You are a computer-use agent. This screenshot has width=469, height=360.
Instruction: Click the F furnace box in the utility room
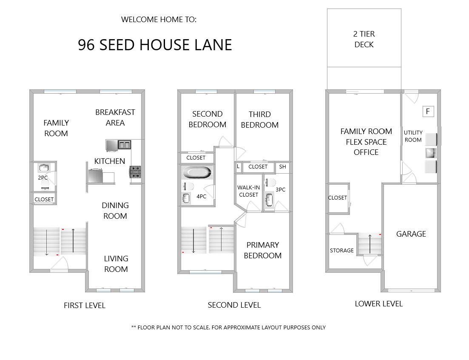[x=428, y=111]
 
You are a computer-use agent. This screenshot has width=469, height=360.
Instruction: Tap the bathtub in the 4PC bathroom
[x=197, y=173]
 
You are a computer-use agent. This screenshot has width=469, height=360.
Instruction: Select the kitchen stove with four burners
[x=135, y=172]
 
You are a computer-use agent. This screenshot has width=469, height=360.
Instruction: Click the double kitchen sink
[x=124, y=145]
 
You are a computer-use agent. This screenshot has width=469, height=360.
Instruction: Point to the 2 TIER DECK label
[x=364, y=39]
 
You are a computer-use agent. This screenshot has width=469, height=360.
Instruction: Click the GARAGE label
[x=411, y=234]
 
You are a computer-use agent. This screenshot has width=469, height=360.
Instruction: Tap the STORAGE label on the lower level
[x=341, y=251]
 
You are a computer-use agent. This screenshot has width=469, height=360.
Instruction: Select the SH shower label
[x=283, y=167]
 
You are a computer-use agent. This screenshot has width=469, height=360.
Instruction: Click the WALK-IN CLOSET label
[x=249, y=191]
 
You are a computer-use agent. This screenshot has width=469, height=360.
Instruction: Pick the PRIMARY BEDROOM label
[x=263, y=250]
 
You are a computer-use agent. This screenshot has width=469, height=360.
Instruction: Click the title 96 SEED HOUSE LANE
[x=155, y=45]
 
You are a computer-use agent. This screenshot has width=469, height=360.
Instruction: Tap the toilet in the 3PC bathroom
[x=270, y=183]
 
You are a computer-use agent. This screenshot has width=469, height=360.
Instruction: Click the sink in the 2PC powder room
[x=44, y=168]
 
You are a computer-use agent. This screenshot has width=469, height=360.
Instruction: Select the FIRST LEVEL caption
[x=85, y=306]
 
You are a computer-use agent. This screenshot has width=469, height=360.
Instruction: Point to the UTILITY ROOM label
[x=413, y=136]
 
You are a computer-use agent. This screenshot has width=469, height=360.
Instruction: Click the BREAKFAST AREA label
[x=115, y=117]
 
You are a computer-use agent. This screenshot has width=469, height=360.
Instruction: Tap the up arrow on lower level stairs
[x=370, y=244]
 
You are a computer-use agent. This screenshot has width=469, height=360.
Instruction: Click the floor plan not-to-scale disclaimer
[x=228, y=327]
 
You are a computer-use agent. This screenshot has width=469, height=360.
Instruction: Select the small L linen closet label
[x=238, y=166]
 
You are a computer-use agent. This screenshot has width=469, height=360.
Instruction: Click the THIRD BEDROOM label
[x=260, y=120]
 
